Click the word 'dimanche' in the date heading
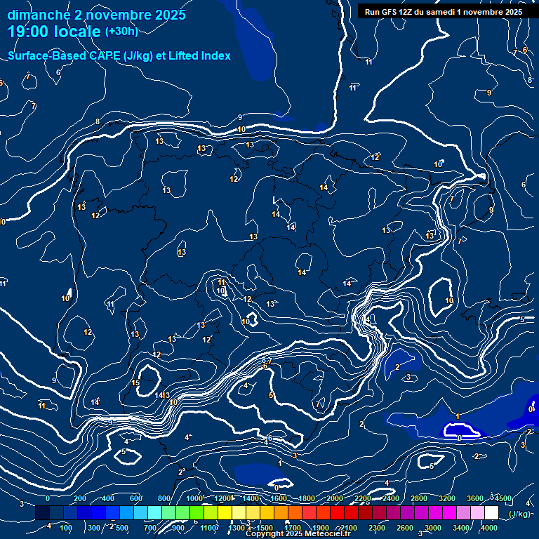pos(39,15)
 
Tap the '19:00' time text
pos(30,32)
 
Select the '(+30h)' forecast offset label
pos(121,32)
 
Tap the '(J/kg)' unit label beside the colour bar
pos(519,514)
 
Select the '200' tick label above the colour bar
pos(80,498)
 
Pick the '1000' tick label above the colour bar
pos(194,498)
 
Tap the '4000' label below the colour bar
pos(490,528)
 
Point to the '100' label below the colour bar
pos(67,528)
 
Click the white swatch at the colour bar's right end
pos(491,513)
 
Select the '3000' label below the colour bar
pos(434,528)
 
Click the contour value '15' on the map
pos(136,382)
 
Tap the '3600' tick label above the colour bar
pos(475,498)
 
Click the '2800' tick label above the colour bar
pos(419,498)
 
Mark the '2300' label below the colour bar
pos(377,528)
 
